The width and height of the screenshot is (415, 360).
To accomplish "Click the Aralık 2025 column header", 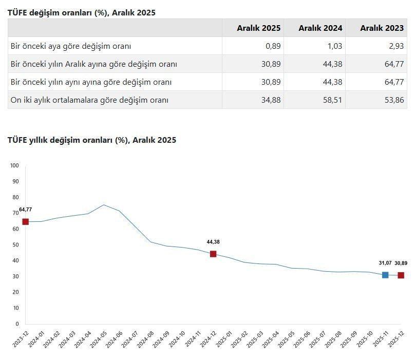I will (258, 28).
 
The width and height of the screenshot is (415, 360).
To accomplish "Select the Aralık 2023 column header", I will (382, 28).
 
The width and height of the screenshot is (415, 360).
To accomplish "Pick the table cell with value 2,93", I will (396, 46).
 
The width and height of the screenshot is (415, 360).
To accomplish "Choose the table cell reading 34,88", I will (271, 100).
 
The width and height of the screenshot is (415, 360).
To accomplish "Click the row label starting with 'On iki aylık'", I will (89, 100).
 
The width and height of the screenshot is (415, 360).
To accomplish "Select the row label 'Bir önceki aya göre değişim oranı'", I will (71, 46).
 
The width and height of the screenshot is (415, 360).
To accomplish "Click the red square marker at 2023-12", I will (25, 221).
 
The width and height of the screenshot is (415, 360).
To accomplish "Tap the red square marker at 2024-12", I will (213, 254).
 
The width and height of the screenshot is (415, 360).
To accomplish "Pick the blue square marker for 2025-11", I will (385, 275).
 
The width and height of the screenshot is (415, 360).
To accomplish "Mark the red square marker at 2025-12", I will (401, 275).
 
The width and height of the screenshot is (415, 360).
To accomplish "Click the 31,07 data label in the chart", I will (385, 263).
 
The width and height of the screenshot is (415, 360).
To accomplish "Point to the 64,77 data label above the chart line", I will (26, 210).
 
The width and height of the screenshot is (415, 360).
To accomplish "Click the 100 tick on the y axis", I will (14, 165).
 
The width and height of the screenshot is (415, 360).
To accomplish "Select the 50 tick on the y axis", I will (15, 244).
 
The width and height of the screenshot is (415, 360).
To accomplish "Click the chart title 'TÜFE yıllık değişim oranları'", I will (92, 140).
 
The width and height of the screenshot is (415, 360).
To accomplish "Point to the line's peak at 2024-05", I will (104, 205).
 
